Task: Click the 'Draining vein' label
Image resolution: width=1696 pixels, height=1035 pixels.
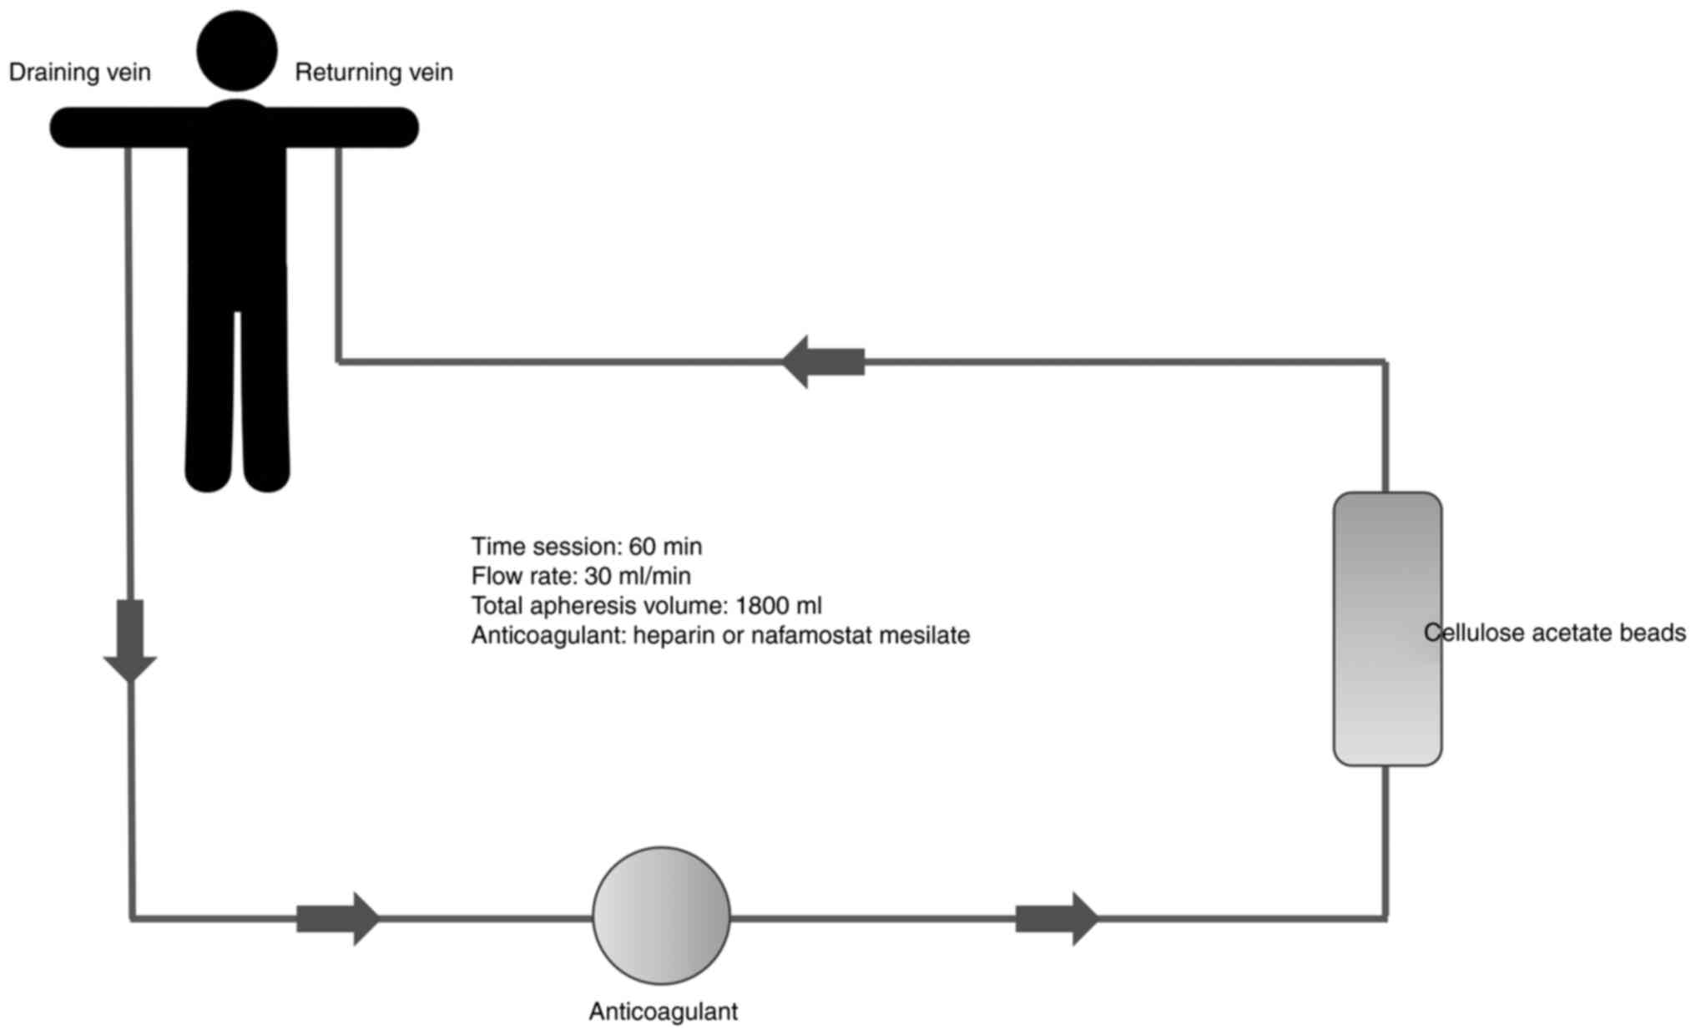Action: (x=79, y=73)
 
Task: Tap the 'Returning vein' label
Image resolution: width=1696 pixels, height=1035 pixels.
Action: (x=374, y=73)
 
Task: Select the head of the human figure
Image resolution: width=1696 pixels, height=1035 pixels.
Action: (x=237, y=50)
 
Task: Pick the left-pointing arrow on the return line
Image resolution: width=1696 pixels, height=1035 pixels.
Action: (x=823, y=362)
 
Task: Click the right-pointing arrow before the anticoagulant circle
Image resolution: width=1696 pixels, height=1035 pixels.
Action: (x=338, y=918)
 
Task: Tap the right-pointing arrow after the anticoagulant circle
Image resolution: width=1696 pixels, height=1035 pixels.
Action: (x=1057, y=918)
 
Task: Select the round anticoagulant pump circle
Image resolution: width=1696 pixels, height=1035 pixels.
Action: (x=661, y=916)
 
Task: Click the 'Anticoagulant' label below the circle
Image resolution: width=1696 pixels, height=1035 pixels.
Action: (x=663, y=1012)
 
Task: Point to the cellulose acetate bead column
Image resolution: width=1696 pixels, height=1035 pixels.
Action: (x=1387, y=629)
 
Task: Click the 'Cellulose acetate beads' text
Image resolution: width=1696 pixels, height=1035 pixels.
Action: (x=1554, y=634)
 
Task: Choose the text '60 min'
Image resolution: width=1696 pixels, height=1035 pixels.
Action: (x=665, y=547)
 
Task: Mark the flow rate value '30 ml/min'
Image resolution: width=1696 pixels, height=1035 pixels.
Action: (x=638, y=576)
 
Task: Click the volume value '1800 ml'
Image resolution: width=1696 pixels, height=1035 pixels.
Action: (x=778, y=606)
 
